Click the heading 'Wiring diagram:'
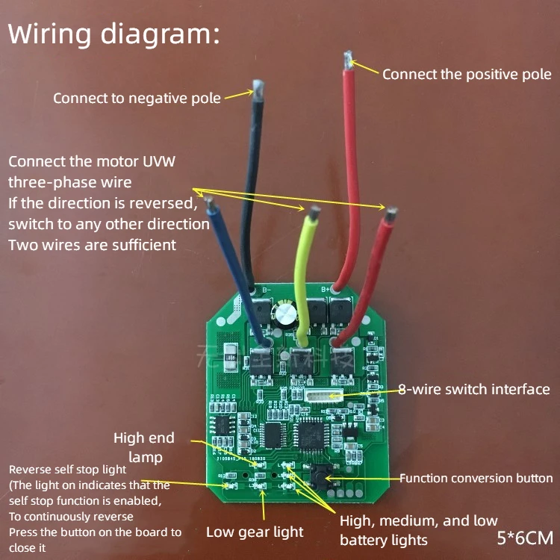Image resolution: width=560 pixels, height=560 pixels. (113, 34)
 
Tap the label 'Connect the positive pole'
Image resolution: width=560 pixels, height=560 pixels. (467, 74)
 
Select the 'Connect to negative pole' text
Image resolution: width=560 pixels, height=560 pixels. (137, 98)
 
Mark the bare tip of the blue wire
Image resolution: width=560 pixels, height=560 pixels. (212, 202)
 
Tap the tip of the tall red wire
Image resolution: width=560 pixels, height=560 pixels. (347, 57)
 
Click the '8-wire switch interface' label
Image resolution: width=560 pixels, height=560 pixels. (473, 389)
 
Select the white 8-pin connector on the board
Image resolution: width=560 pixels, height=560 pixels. (322, 393)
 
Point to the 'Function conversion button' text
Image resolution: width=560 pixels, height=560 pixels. (476, 478)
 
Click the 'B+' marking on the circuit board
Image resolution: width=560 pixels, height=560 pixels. (326, 288)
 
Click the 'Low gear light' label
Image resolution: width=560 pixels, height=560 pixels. (255, 532)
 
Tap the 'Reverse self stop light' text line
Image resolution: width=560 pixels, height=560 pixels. (68, 470)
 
